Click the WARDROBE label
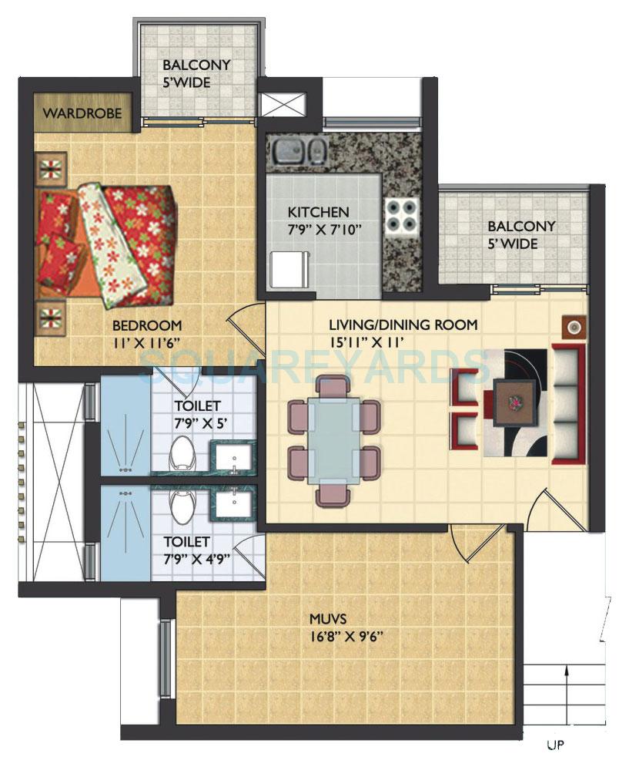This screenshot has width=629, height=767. (83, 113)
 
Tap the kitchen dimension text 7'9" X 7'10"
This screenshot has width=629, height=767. (318, 228)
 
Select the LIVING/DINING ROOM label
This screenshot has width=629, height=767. (403, 325)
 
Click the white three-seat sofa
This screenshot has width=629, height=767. (565, 404)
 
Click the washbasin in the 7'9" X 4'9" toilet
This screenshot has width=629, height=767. (229, 503)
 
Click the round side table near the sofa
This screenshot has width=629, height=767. (574, 327)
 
